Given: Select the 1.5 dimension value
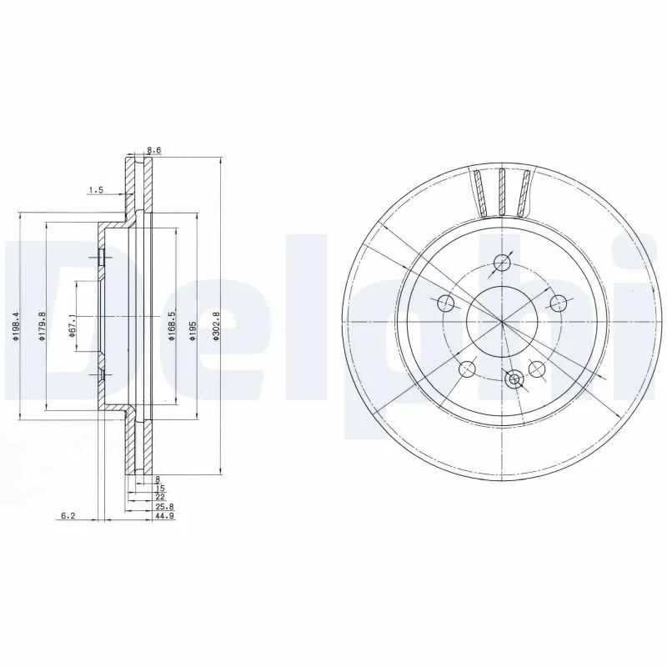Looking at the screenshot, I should click(95, 191).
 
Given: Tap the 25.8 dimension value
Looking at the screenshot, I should click(163, 507).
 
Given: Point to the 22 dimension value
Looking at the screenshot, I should click(159, 497).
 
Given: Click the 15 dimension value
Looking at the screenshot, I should click(159, 488).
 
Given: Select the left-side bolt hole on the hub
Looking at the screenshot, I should click(445, 303).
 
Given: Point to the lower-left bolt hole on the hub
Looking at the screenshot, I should click(467, 369).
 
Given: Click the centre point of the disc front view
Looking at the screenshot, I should click(502, 321).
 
